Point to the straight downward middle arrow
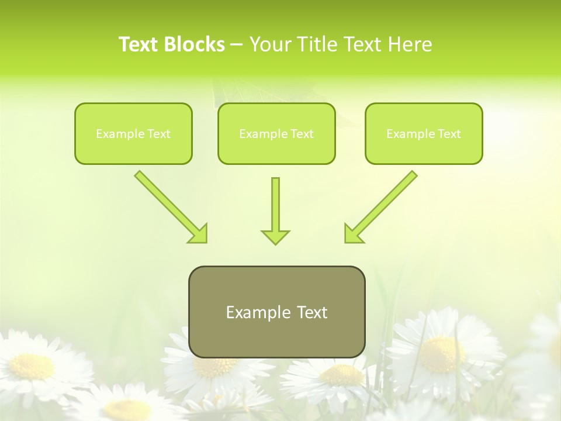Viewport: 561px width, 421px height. [x=275, y=205]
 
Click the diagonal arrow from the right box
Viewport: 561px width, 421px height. [x=386, y=202]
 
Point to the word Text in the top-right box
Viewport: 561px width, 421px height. [x=449, y=134]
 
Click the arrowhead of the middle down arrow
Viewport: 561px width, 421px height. [x=275, y=236]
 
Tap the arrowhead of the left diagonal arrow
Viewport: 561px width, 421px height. [x=199, y=234]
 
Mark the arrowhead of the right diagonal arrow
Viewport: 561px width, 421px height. [x=352, y=234]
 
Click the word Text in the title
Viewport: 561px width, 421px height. [x=139, y=44]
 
